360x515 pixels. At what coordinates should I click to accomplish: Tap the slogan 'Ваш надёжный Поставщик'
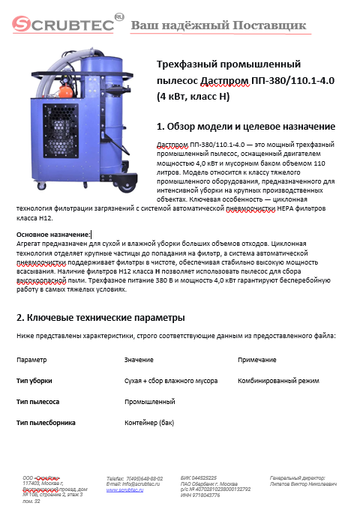click(x=219, y=25)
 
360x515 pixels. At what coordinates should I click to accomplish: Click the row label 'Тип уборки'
click(x=34, y=381)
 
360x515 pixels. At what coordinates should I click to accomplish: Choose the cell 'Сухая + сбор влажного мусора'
click(x=171, y=381)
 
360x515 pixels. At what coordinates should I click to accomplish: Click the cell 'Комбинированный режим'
click(x=278, y=381)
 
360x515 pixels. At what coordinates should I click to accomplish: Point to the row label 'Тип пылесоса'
click(x=37, y=402)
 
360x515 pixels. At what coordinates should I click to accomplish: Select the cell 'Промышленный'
click(x=149, y=402)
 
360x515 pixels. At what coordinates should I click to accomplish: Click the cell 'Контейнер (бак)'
click(x=148, y=423)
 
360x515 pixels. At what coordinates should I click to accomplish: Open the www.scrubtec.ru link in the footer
click(x=124, y=490)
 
